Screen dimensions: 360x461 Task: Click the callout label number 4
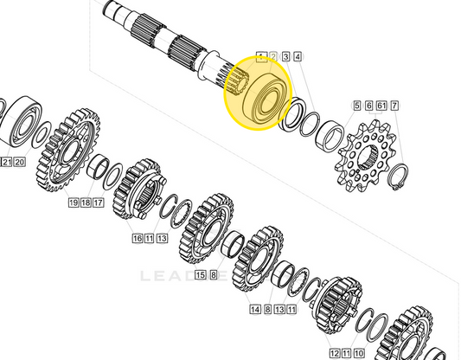[298, 57]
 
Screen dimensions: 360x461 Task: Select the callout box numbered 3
[285, 57]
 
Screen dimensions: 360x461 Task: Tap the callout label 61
[381, 106]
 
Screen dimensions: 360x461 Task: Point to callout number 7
[394, 106]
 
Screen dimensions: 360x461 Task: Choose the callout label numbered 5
[356, 106]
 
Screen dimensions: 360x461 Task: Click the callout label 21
[6, 162]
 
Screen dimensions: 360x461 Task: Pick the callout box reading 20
[20, 162]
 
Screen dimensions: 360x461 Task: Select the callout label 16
[138, 238]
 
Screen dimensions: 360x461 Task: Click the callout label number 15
[200, 275]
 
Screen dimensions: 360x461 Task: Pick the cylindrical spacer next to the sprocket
[330, 137]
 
